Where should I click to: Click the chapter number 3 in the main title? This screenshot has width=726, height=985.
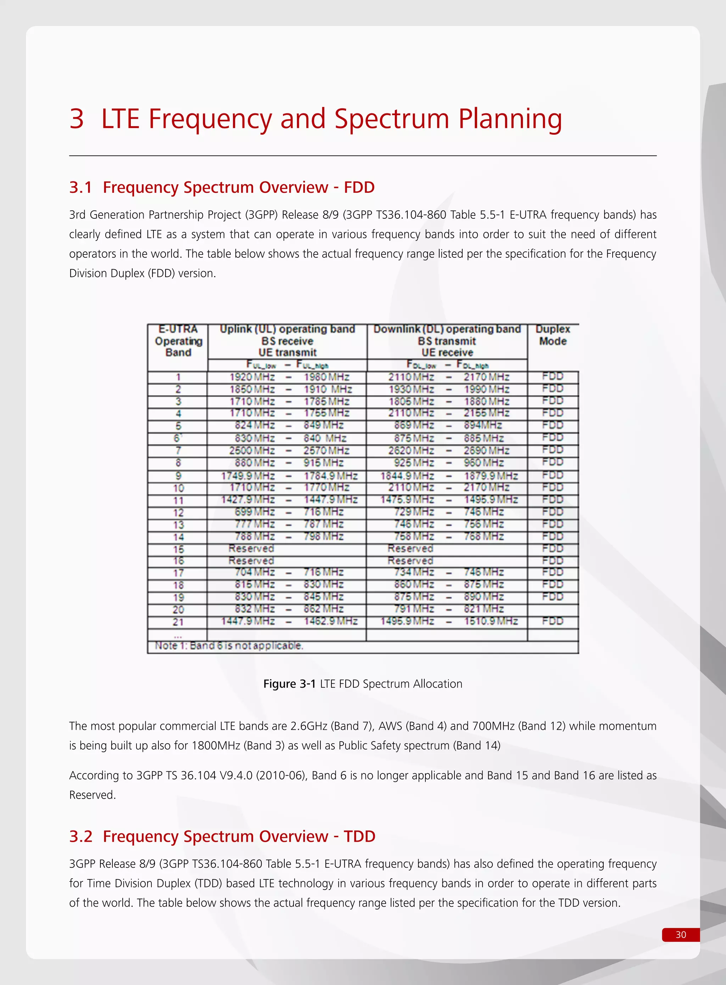click(x=77, y=119)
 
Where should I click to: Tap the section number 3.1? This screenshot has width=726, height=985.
click(x=80, y=188)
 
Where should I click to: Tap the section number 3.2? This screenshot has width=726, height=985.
click(x=80, y=836)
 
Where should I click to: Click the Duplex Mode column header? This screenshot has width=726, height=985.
click(x=552, y=335)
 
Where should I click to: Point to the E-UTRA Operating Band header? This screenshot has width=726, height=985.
click(x=178, y=341)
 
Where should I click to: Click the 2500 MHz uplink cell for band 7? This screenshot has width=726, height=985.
click(x=252, y=451)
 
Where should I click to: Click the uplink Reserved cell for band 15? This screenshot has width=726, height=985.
click(x=251, y=549)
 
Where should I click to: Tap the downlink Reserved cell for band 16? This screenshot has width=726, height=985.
click(x=410, y=561)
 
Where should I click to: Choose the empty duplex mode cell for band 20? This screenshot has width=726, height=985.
click(x=552, y=609)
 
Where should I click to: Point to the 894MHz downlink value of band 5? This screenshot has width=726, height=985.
click(x=483, y=425)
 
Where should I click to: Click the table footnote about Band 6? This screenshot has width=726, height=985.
click(x=229, y=646)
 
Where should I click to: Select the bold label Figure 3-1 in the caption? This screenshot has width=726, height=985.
click(x=289, y=684)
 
